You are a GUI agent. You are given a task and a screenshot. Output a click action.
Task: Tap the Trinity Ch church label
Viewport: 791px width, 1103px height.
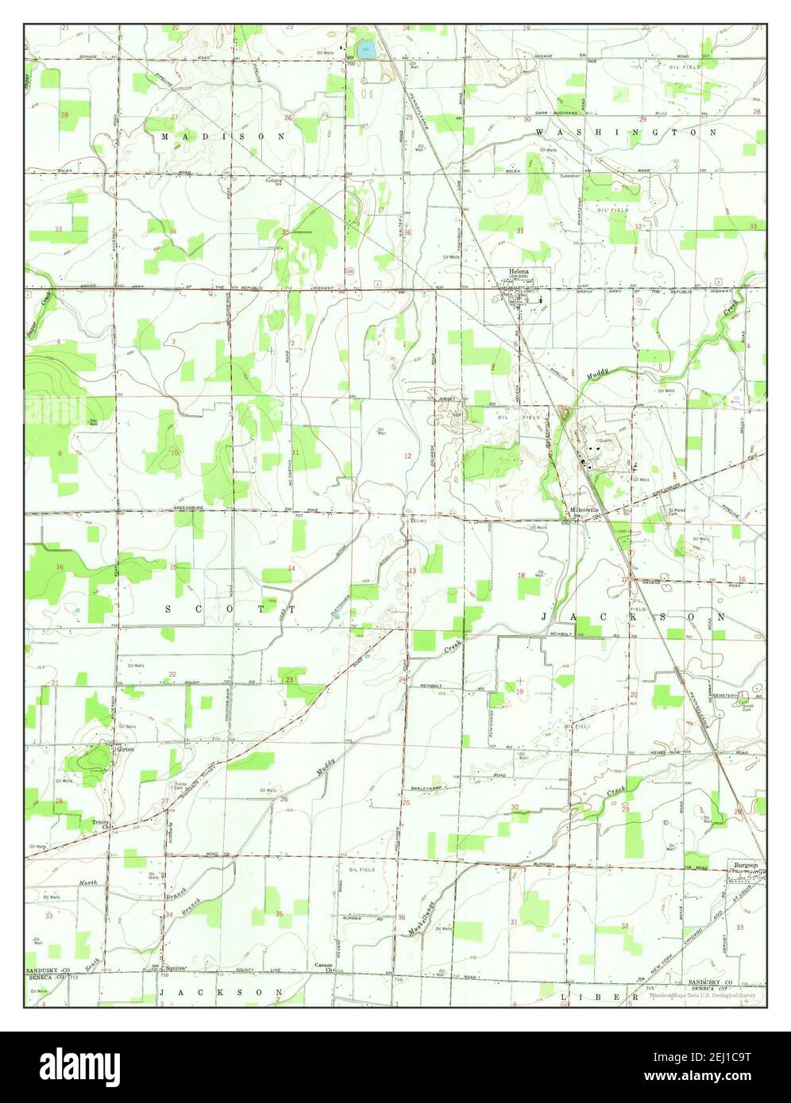[x=99, y=824]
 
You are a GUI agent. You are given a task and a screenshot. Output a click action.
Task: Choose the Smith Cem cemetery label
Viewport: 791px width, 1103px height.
[x=748, y=708]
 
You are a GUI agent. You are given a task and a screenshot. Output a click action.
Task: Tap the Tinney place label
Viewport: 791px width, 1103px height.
[x=418, y=521]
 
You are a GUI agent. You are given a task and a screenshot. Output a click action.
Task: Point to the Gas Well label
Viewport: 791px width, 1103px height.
[x=92, y=400]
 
